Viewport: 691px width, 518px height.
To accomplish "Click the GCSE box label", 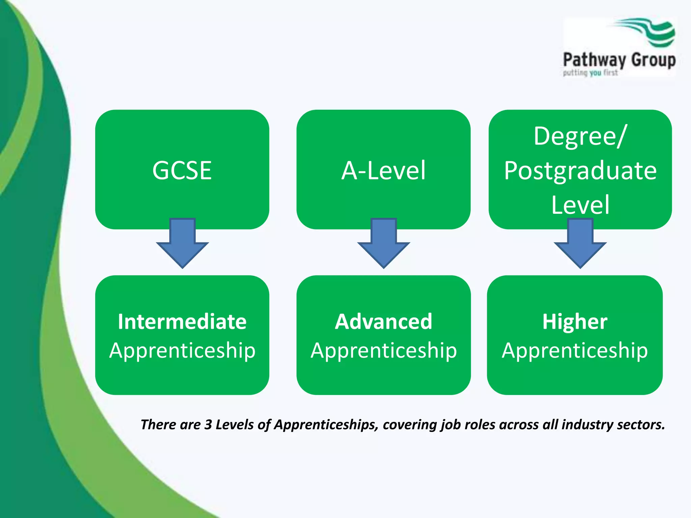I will [182, 170].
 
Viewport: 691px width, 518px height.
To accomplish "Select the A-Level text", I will [383, 170].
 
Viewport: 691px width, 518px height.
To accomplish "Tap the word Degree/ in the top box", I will [580, 136].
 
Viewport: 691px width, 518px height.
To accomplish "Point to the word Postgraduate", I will [580, 171].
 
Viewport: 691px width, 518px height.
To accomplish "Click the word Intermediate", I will [182, 321].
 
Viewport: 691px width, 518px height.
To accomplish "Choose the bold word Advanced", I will [383, 321].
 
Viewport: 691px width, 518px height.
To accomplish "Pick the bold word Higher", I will [575, 321].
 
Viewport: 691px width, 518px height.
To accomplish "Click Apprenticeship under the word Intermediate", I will [182, 351].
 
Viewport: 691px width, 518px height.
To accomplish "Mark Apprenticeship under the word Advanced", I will [384, 351].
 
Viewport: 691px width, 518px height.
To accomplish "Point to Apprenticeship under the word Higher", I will [575, 351].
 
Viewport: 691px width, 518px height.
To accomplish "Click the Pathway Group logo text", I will [619, 60].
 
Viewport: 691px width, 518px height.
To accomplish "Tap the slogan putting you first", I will [590, 73].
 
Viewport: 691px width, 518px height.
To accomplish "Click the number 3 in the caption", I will [208, 425].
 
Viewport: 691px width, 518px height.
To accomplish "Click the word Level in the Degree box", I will [580, 205].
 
